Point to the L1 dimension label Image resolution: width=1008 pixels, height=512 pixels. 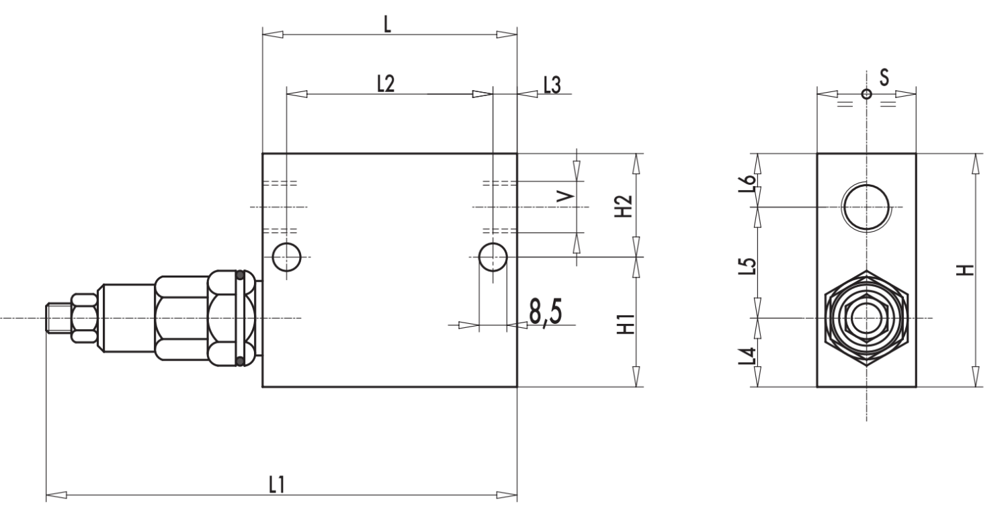pos(276,485)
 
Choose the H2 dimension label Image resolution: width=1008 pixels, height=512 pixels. pos(624,206)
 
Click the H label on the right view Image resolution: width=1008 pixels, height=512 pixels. pos(964,270)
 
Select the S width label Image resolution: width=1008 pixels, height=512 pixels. pos(884,78)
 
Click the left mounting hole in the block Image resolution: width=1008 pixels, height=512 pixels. pos(287,255)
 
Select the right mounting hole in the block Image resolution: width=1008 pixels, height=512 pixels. pos(493,256)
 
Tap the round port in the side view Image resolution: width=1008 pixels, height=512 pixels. pos(866,206)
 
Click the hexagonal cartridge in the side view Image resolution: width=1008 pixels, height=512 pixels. pos(866,317)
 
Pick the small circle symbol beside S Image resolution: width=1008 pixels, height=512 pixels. pos(866,94)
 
